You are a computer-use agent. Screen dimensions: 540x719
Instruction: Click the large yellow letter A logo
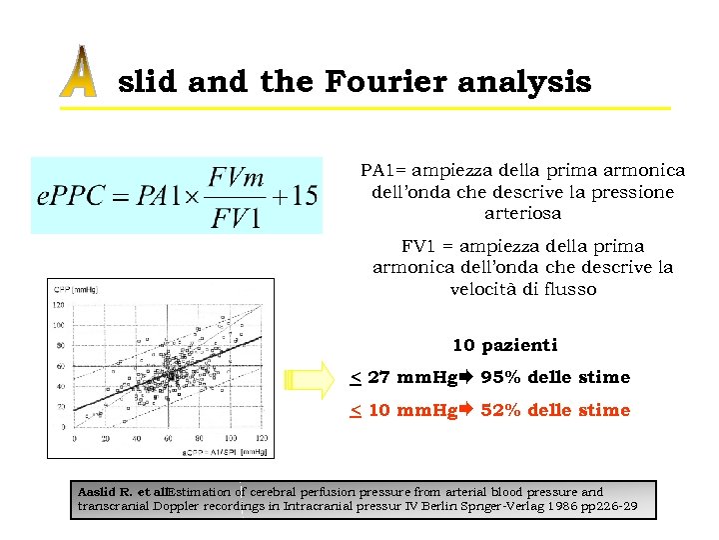[x=78, y=73]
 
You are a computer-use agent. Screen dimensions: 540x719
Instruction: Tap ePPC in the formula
[x=68, y=195]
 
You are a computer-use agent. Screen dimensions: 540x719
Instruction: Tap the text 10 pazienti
[x=504, y=346]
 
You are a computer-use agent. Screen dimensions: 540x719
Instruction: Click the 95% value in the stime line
[x=500, y=378]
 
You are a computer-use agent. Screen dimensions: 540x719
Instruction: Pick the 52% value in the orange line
[x=500, y=410]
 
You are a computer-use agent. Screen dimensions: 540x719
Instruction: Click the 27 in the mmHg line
[x=378, y=378]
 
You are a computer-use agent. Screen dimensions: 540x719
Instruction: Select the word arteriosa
[x=522, y=213]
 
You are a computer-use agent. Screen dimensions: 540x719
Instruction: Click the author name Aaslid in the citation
[x=99, y=492]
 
